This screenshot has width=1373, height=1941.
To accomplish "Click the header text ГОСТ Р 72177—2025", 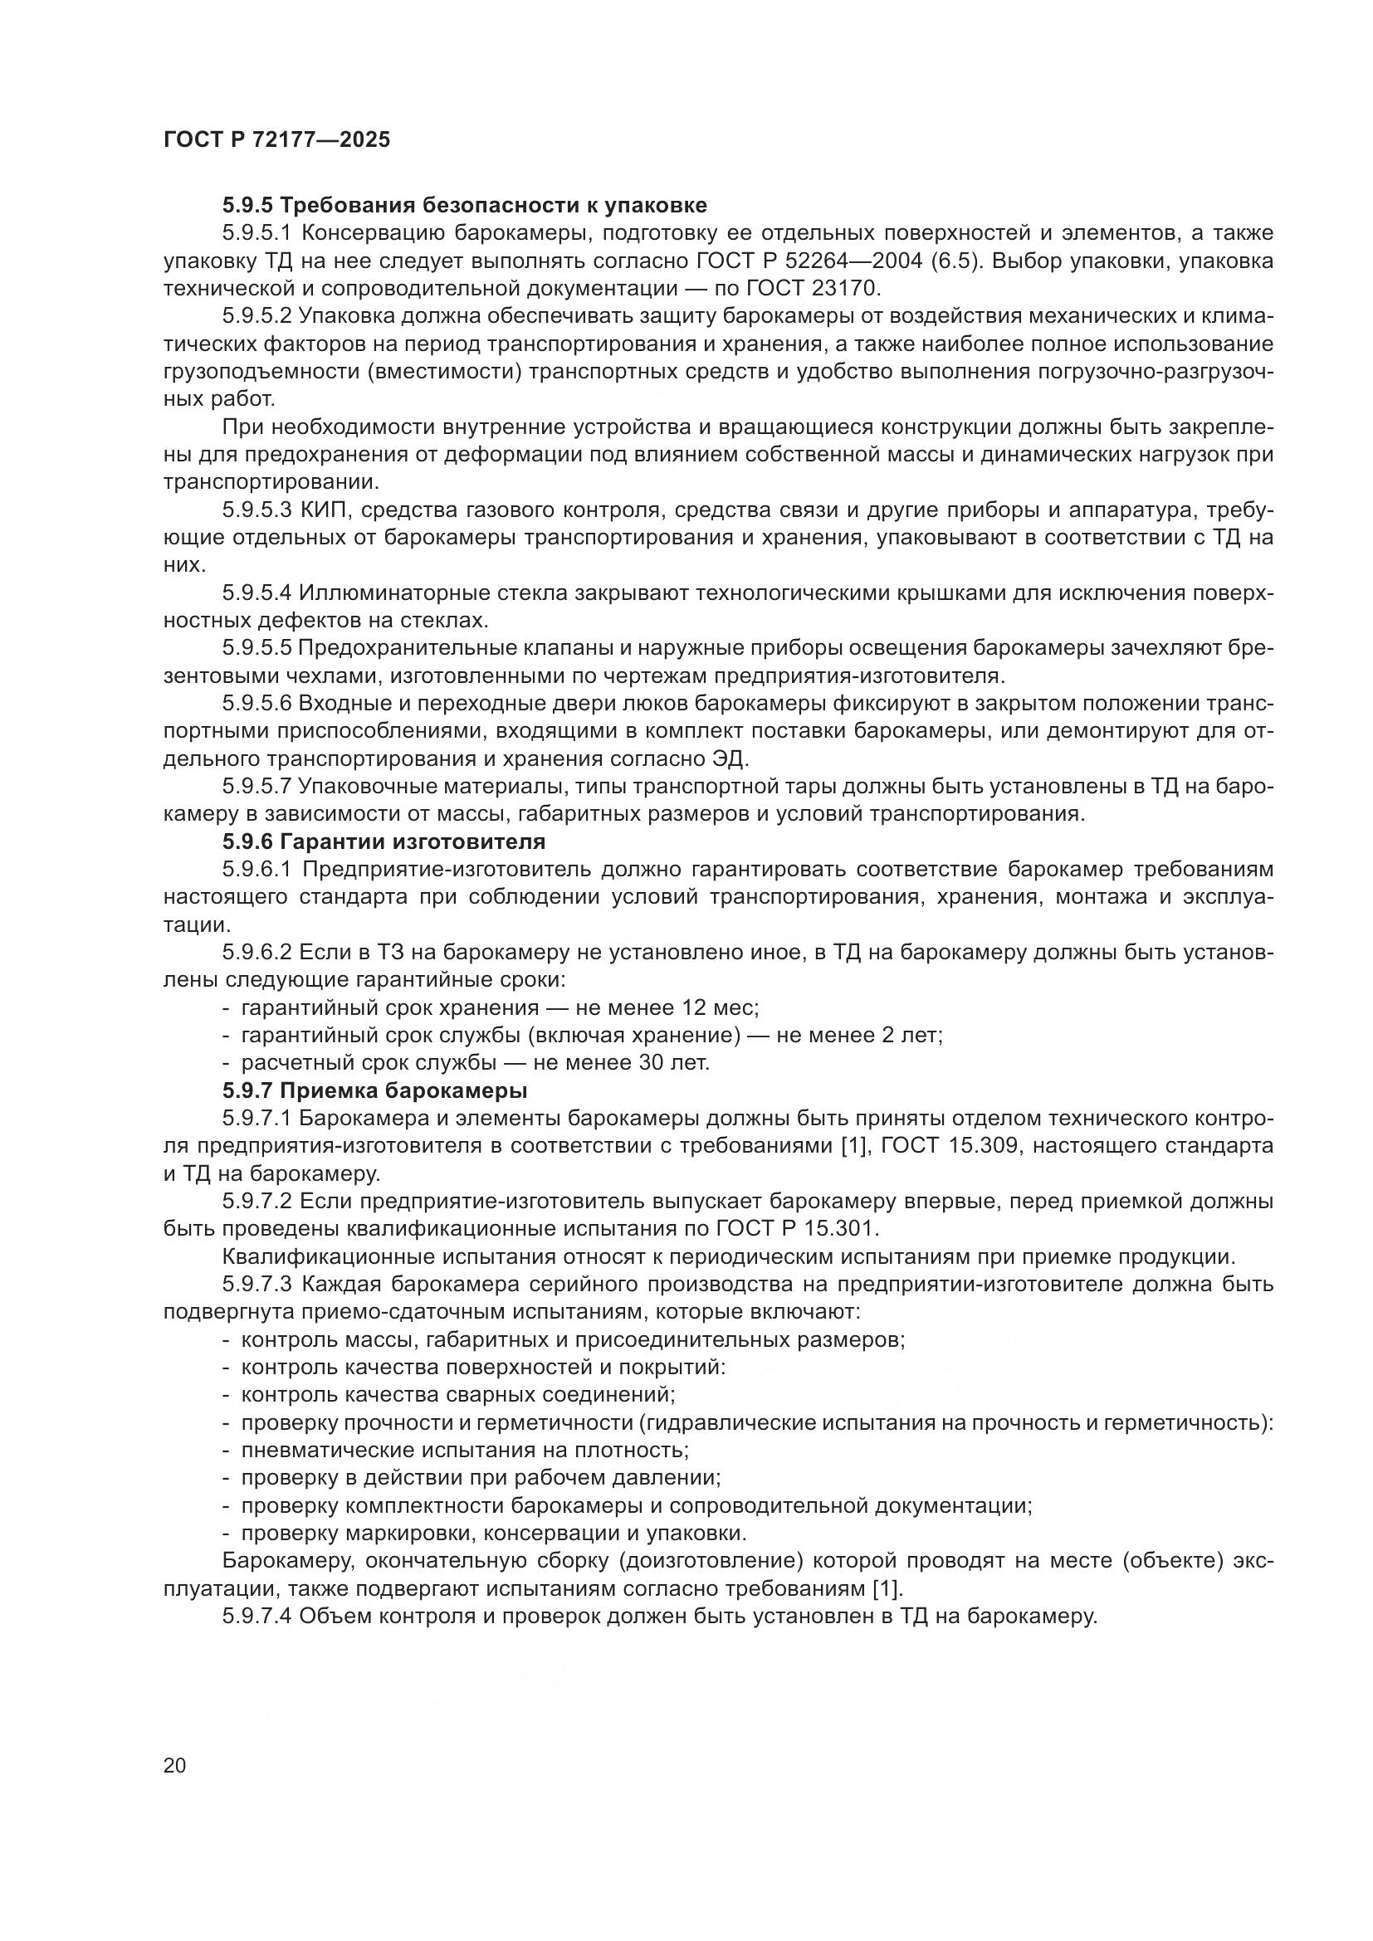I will (276, 139).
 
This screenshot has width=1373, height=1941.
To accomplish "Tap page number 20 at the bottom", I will (175, 1765).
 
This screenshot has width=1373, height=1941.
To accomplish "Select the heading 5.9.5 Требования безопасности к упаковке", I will (465, 206).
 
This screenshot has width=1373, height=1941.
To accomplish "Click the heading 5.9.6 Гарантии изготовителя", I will (384, 841).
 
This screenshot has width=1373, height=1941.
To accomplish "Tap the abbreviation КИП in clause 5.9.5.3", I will (319, 510).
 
